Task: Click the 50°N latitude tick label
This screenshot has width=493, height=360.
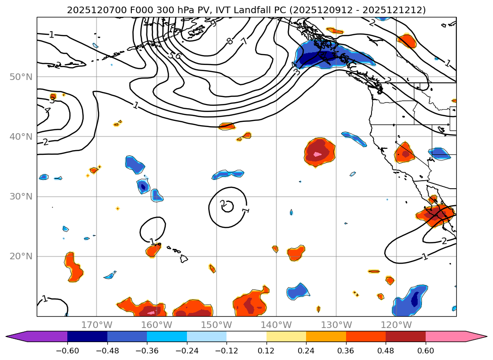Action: point(21,77)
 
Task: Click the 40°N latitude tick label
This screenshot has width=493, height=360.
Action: point(21,136)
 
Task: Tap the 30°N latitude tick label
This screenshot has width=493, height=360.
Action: point(21,196)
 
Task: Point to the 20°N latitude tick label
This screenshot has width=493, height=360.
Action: point(21,256)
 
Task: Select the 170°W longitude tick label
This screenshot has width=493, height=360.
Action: point(97,325)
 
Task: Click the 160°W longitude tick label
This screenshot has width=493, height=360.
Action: point(156,325)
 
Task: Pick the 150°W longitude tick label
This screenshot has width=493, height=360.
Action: point(216,325)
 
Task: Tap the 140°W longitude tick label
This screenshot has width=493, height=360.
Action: point(276,325)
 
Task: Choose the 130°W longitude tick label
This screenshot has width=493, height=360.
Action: point(336,325)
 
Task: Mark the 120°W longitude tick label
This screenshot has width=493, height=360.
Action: point(396,325)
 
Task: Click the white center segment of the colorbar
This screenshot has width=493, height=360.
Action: point(246,336)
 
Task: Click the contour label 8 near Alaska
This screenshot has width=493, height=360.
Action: point(230,41)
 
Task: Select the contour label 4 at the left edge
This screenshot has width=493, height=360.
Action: point(48,111)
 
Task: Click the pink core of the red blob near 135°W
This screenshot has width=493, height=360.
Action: point(317,154)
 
